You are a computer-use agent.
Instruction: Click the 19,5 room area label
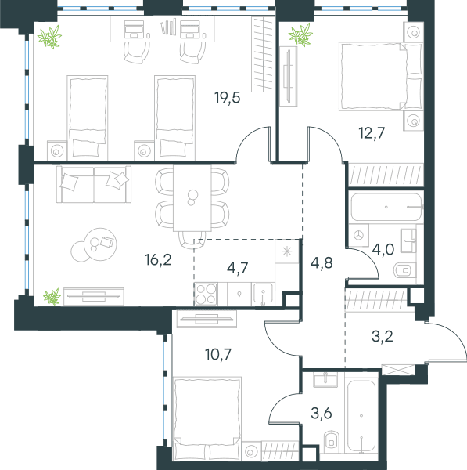point(228,98)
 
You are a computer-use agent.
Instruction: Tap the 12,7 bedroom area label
point(372,133)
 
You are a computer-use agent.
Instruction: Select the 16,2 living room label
point(158,259)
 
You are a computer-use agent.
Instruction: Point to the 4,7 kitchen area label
point(237,268)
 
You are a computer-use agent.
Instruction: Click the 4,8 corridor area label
point(322,263)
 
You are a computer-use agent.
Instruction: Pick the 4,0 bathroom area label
point(383,249)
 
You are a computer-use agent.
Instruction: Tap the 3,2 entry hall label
point(383,336)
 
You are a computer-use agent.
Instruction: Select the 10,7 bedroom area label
point(218,354)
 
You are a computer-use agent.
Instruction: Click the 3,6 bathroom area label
point(322,414)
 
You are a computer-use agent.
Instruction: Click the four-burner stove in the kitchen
point(206,294)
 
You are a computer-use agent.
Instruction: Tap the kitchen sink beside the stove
point(263,294)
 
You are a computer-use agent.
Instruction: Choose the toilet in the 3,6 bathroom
point(331,440)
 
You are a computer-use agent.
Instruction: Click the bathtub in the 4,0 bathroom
point(386,207)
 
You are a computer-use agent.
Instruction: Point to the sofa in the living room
point(94,184)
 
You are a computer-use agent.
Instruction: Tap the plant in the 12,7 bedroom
point(300,35)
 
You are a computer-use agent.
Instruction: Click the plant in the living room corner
point(52,296)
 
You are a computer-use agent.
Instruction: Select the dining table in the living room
point(192,198)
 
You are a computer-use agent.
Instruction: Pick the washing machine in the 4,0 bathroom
point(358,236)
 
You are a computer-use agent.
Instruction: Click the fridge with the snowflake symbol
point(287,251)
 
